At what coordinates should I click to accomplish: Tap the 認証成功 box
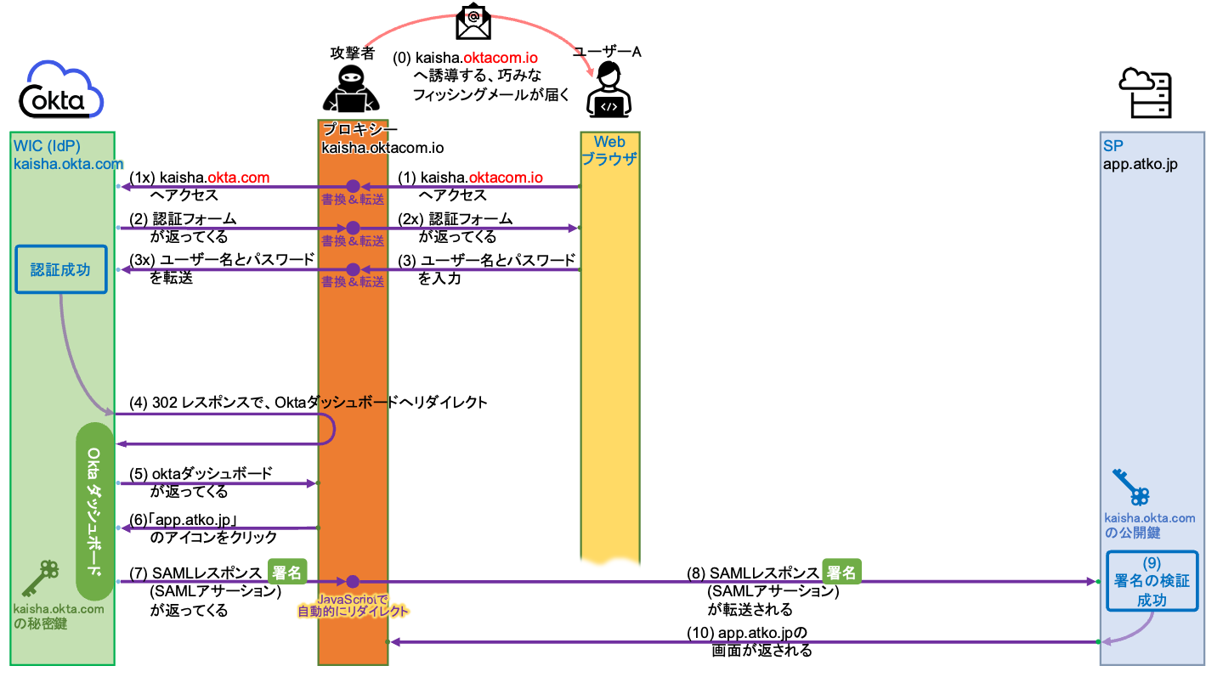coord(61,269)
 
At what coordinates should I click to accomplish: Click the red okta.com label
coord(239,178)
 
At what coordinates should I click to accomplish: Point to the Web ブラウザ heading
coord(609,150)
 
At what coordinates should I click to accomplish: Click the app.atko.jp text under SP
coord(1140,165)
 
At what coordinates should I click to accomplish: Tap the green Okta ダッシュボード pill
coord(94,511)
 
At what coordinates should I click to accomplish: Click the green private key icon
coord(40,578)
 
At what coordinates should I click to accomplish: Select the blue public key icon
coord(1131,487)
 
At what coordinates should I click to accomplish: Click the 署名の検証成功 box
coord(1152,581)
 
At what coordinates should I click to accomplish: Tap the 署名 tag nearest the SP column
coord(841,573)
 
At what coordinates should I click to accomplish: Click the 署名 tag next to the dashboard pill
coord(287,573)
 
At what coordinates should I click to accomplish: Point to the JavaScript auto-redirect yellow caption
coord(354,605)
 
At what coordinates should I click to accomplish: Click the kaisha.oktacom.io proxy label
coord(382,148)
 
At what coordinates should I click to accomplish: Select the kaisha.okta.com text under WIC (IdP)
coord(69,164)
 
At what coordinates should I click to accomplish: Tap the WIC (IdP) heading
coord(47,146)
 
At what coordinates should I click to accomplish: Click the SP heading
coord(1113,146)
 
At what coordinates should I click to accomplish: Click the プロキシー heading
coord(360,130)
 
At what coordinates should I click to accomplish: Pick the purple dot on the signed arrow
coord(353,582)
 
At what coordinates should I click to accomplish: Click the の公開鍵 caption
coord(1132,533)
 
